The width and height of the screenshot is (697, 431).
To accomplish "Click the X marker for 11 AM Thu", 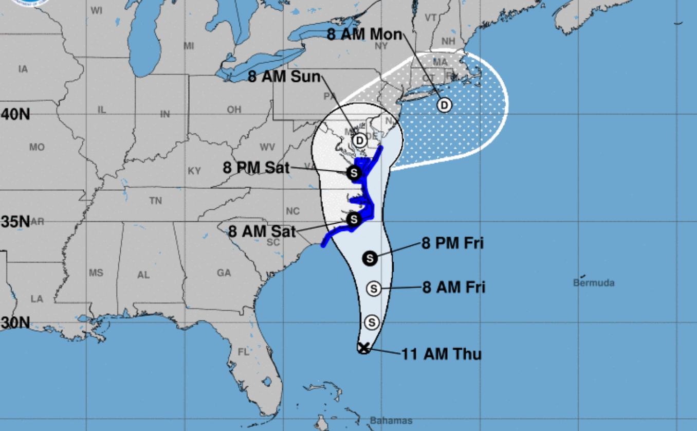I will [x=363, y=348].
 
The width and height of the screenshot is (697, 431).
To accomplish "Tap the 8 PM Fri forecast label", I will [x=452, y=243].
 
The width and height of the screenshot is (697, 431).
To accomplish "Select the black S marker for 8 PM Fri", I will [x=370, y=258].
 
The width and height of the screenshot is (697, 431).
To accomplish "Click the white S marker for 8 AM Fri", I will [x=374, y=289].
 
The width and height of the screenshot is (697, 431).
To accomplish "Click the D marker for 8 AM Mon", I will [x=445, y=105].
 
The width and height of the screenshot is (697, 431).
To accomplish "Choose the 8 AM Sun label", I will [x=284, y=77].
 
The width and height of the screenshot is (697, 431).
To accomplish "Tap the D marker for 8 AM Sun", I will [x=360, y=140].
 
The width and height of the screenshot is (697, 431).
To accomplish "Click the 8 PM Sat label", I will [x=256, y=168].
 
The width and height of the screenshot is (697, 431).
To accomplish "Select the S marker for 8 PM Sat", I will [x=354, y=173].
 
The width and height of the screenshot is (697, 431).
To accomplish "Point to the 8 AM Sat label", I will [x=262, y=231].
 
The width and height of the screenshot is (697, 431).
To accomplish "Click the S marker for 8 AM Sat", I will [x=354, y=220].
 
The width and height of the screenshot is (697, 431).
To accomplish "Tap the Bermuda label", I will [x=594, y=283].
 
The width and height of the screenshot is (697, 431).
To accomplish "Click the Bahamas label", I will [x=391, y=421].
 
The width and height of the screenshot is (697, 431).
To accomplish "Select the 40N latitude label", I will [x=15, y=114].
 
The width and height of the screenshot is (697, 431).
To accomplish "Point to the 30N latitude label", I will [x=15, y=322].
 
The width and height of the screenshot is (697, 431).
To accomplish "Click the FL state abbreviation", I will [x=243, y=352].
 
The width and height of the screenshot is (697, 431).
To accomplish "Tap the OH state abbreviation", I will [x=234, y=110].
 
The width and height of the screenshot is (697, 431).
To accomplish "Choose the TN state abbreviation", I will [x=156, y=201].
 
